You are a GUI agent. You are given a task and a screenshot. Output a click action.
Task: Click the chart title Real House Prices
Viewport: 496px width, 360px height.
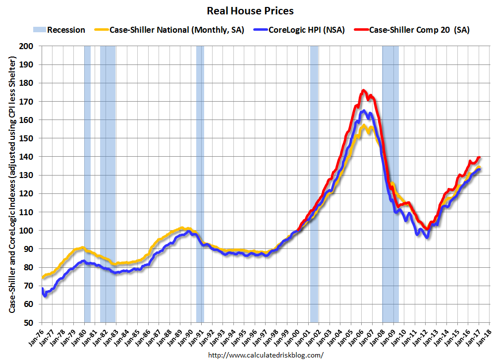point(250,10)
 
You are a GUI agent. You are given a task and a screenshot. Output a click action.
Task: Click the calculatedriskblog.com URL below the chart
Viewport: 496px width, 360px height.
point(266,355)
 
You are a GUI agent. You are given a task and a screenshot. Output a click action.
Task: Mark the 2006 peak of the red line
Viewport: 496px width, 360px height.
point(364,90)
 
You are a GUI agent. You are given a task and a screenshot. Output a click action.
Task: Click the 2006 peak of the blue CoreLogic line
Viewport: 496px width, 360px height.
point(364,111)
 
